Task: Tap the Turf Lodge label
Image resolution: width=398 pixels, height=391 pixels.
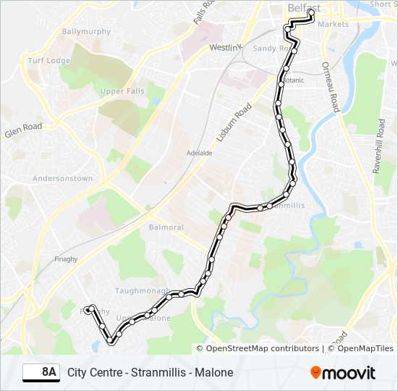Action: click(48, 61)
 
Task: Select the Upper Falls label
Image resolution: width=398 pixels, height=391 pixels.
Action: click(122, 91)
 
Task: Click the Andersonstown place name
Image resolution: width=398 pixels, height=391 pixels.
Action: click(63, 178)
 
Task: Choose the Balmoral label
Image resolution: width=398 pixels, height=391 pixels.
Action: click(166, 227)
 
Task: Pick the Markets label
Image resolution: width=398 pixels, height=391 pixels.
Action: click(333, 24)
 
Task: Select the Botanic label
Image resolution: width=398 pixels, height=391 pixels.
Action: click(293, 80)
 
